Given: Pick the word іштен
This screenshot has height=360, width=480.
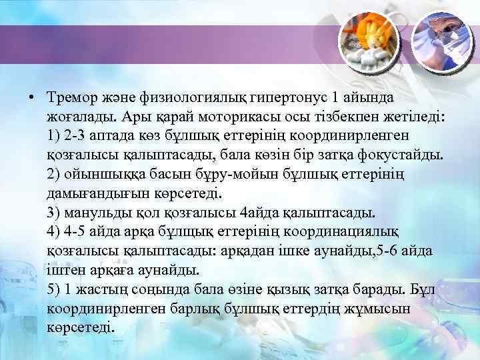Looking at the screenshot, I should tap(65, 271).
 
